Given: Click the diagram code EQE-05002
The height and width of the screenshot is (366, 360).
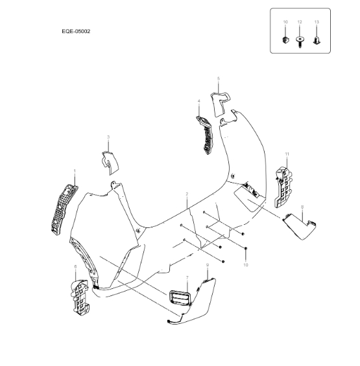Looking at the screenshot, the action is pos(76,31).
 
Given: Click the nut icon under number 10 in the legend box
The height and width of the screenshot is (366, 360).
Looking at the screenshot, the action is pos(285,40).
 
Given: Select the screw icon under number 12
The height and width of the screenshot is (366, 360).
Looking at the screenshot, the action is pos(300,42).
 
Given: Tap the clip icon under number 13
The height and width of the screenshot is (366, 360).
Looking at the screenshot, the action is pos(317,40).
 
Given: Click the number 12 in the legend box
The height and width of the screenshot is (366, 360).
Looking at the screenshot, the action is pos(300,22).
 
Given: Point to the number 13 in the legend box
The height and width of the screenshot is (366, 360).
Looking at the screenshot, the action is pos(317,22).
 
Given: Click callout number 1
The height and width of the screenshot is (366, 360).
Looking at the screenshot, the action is pos(75,171).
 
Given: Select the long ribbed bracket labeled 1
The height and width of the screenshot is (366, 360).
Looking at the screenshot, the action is pos(64,210).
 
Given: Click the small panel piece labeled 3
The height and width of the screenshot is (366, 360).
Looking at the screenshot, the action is pos(110,163).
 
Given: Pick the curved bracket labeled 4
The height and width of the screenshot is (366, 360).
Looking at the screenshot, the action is pos(205,135).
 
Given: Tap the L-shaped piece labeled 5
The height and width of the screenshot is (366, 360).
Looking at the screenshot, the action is pos(219,104).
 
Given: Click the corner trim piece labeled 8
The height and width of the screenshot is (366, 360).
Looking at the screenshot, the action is pos(300,227).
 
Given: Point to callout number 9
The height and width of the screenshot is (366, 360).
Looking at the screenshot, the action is pos(208,265).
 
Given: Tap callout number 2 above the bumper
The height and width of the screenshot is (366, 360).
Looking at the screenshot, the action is pos(187,194).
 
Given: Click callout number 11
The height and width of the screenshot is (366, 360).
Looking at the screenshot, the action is pos(287,154).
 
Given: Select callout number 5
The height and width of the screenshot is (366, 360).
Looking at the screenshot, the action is pos(219,78).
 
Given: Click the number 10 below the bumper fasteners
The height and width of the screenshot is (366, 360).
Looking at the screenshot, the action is pos(245,265).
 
